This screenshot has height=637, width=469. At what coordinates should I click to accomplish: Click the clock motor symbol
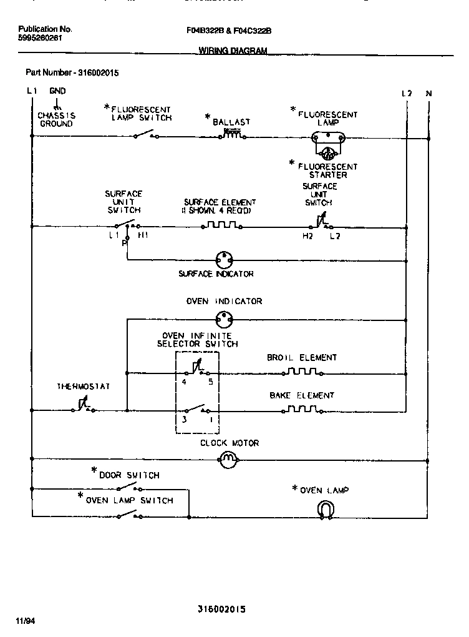coord(228,461)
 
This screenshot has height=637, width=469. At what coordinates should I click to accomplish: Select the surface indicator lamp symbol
coord(223,258)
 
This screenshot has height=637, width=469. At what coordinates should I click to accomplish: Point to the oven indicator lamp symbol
coord(223,319)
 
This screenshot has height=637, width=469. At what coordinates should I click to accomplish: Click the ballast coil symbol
coord(232,134)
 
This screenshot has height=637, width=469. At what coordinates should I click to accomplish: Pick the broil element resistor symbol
coord(302,373)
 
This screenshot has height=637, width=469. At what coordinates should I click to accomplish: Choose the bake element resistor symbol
coord(302,410)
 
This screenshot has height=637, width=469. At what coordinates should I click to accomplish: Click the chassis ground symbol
coord(57,107)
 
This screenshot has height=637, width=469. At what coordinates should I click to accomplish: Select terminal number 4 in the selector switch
coord(183,382)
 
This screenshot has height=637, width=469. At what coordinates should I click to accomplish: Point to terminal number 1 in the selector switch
coord(210,420)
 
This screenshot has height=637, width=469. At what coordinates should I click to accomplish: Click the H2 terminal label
coord(307,236)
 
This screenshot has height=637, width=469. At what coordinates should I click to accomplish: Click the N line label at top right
coord(428,94)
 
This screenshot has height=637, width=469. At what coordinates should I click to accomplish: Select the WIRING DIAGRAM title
coord(233,51)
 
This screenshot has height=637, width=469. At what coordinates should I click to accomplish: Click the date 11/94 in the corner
coord(23,621)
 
